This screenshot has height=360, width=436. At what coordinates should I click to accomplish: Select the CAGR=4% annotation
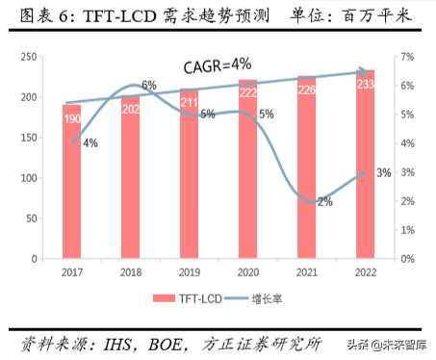(x=218, y=64)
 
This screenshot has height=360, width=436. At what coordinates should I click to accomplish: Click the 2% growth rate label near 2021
(x=324, y=201)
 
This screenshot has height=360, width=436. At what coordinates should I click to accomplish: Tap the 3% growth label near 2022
(x=383, y=173)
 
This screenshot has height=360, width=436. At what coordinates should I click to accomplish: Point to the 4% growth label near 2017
(x=90, y=143)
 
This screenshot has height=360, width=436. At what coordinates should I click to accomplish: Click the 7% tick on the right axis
(x=408, y=58)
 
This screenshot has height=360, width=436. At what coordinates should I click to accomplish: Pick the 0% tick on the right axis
(x=408, y=259)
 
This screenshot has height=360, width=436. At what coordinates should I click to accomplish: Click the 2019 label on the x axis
(x=191, y=272)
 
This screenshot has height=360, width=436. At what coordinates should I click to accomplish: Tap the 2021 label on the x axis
(x=307, y=272)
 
